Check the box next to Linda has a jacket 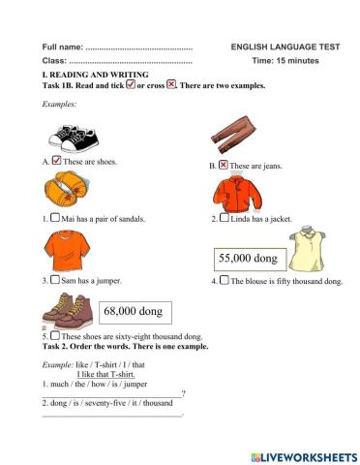pos(224,219)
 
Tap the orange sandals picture pos(65,189)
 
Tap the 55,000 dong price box pos(248,259)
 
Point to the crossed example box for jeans pos(224,166)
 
